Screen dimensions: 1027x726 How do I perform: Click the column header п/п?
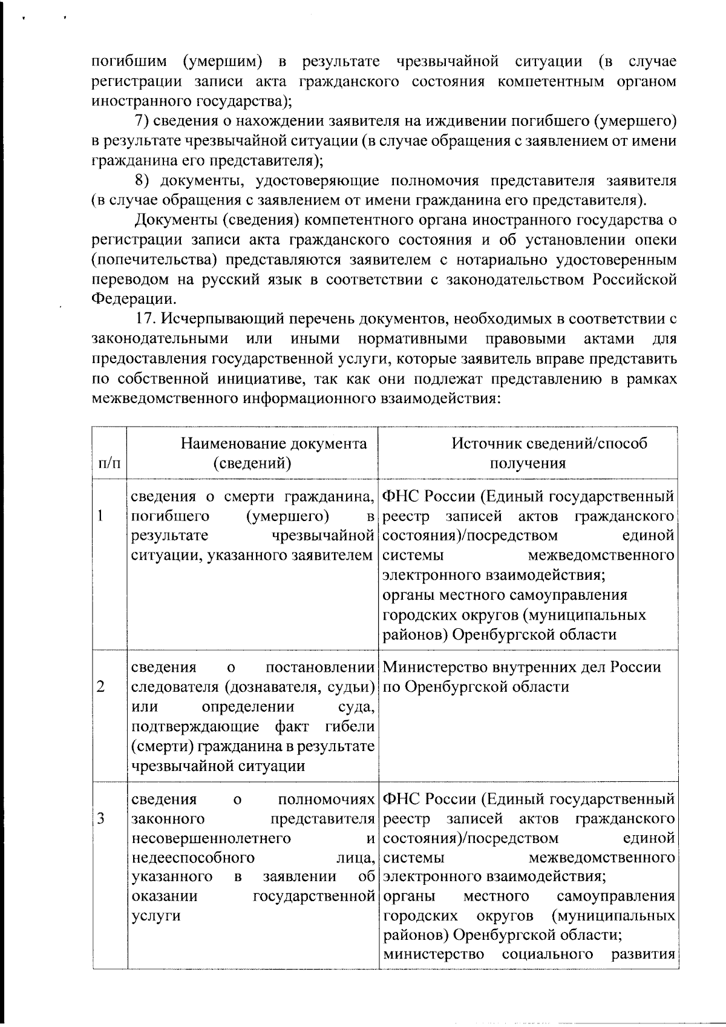pyautogui.click(x=109, y=464)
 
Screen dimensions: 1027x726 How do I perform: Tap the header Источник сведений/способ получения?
pyautogui.click(x=527, y=453)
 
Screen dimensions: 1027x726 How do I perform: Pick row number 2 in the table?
pyautogui.click(x=100, y=686)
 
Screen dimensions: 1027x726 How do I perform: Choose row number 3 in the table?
pyautogui.click(x=100, y=819)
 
